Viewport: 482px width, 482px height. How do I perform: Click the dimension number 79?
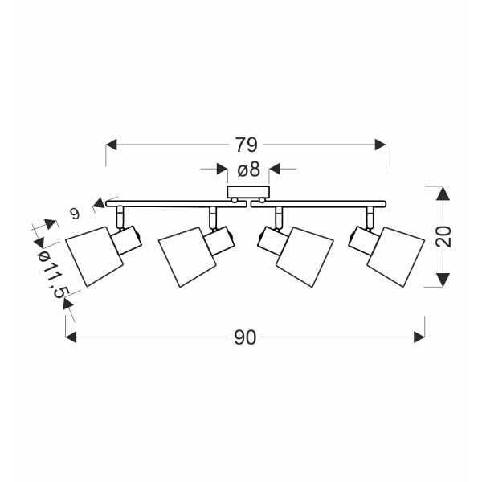[247, 145]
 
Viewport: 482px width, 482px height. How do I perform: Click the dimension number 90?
[245, 337]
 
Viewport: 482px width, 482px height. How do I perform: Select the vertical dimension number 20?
[443, 236]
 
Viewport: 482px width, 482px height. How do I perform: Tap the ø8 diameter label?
[249, 170]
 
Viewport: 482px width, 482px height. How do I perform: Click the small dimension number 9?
[75, 214]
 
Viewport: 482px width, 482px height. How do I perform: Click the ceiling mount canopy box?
[248, 192]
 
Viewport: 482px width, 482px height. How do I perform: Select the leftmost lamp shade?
[94, 257]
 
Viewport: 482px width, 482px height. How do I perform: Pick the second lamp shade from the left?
[187, 257]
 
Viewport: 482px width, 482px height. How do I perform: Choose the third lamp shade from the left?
[304, 257]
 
